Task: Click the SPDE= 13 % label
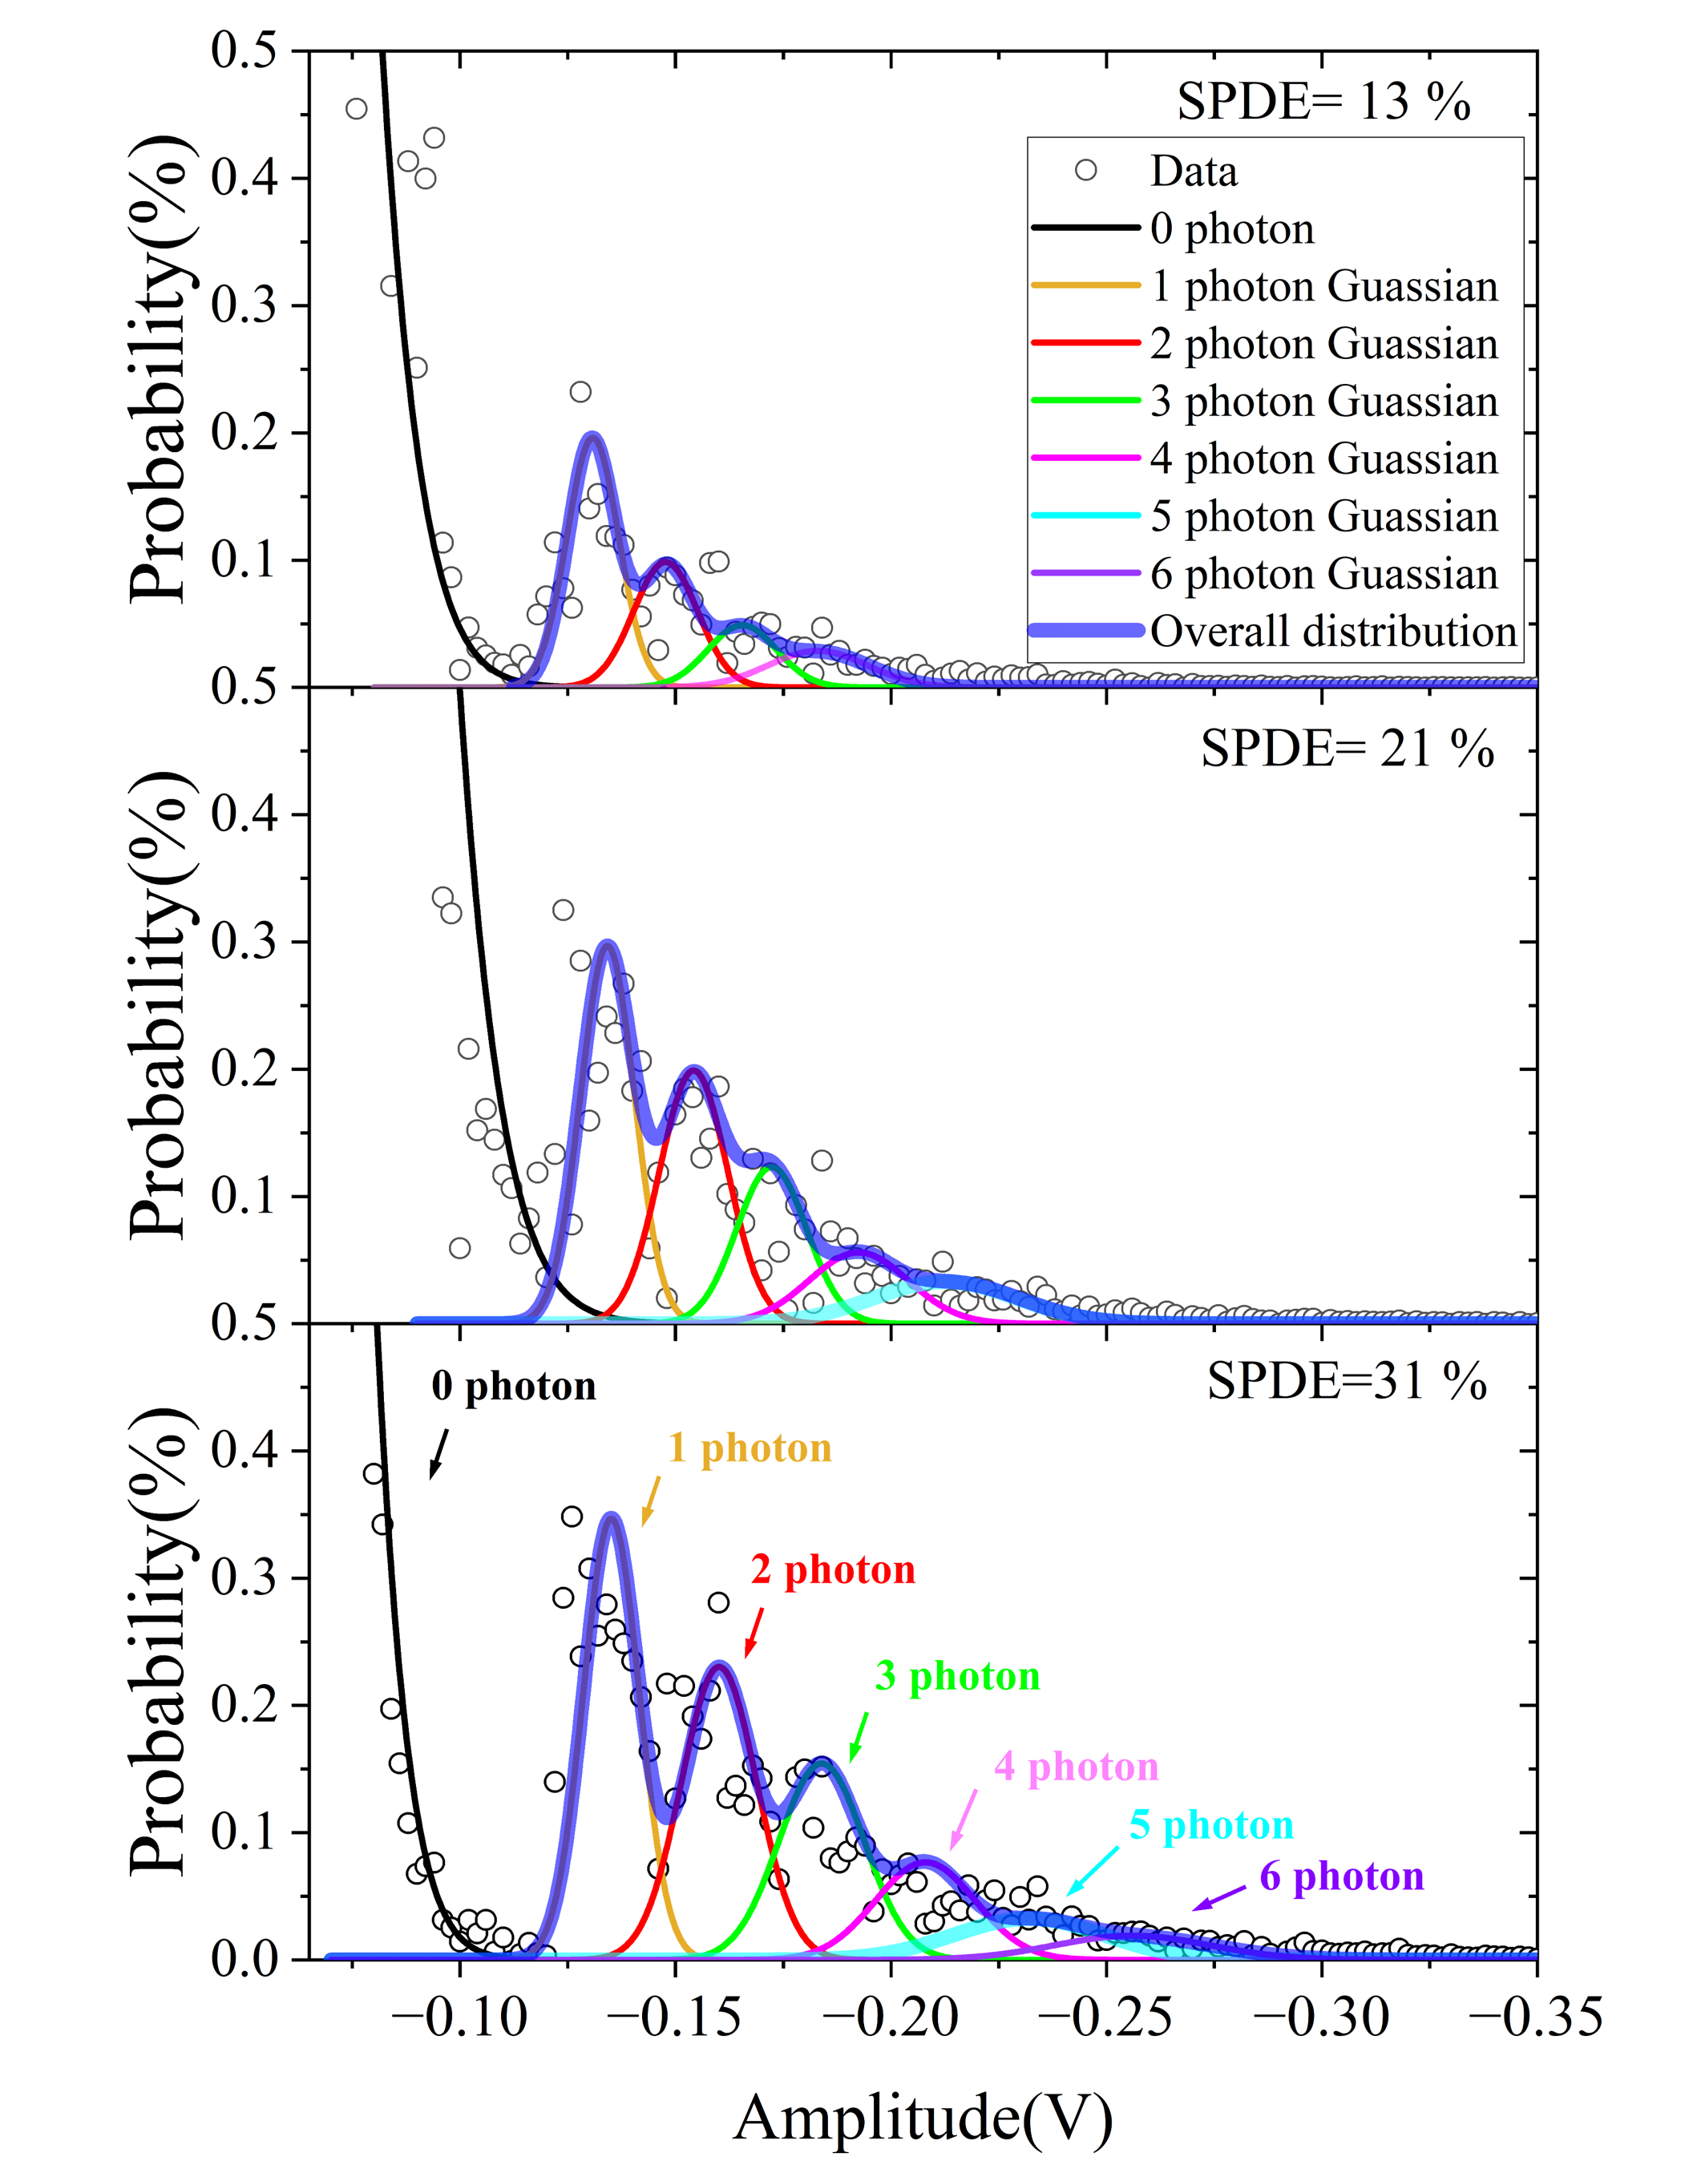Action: click(x=1323, y=103)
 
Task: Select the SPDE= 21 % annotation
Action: click(x=1347, y=749)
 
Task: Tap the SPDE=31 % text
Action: click(x=1347, y=1383)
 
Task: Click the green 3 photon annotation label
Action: click(x=957, y=1677)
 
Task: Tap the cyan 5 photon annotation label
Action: click(x=1211, y=1825)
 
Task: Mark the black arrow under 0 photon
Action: click(x=438, y=1454)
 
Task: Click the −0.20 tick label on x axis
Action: click(x=891, y=2018)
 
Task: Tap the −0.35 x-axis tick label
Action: click(x=1535, y=2018)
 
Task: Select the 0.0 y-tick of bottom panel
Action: click(x=244, y=1960)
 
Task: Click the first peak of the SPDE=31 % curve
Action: click(x=612, y=1519)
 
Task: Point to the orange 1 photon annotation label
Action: click(x=749, y=1448)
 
